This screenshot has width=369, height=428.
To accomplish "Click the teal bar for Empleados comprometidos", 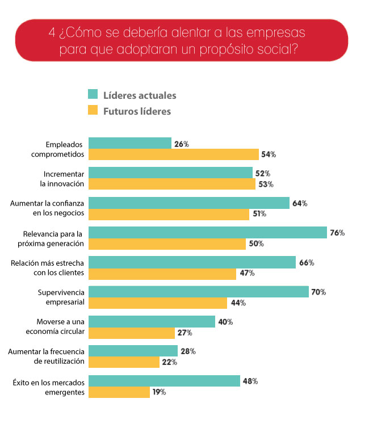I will pyautogui.click(x=130, y=143).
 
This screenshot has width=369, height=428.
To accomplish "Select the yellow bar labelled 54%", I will pyautogui.click(x=174, y=154).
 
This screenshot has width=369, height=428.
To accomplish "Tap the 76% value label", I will pyautogui.click(x=337, y=233).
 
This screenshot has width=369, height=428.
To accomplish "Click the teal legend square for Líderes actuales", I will pyautogui.click(x=93, y=94).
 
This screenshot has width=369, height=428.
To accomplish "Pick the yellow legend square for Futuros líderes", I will pyautogui.click(x=93, y=111).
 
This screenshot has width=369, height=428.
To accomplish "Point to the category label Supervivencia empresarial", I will pyautogui.click(x=61, y=297).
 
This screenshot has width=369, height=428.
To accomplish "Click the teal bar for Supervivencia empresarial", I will pyautogui.click(x=199, y=292).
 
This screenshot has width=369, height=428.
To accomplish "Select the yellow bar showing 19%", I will pyautogui.click(x=119, y=392).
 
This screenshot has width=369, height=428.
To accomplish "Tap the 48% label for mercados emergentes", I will pyautogui.click(x=250, y=381).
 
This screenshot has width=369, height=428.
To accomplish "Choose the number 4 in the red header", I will pyautogui.click(x=52, y=32).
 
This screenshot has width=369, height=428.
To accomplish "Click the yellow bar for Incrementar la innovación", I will pyautogui.click(x=172, y=184).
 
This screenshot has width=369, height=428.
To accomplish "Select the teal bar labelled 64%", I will pyautogui.click(x=189, y=203).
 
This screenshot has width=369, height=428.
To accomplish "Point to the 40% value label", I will pyautogui.click(x=225, y=322).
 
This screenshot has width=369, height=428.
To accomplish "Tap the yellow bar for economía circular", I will pyautogui.click(x=132, y=333).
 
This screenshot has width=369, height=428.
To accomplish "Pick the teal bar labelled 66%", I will pyautogui.click(x=192, y=262).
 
